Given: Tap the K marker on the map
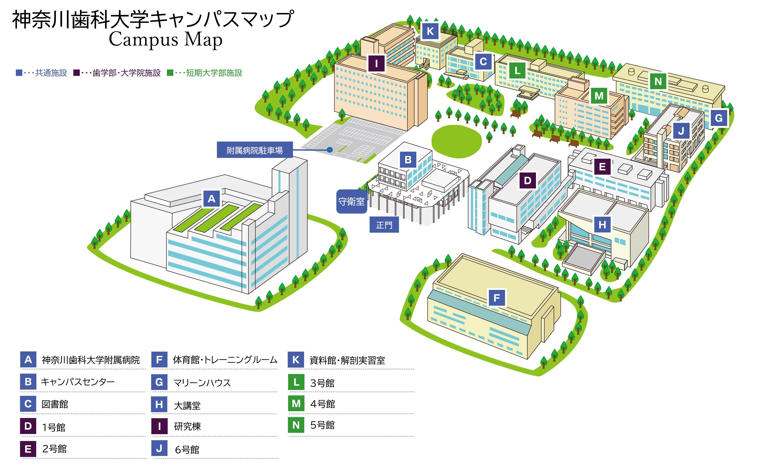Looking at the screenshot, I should [x=430, y=31].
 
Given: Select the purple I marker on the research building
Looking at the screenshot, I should [x=376, y=63].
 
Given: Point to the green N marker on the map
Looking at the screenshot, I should [x=658, y=81].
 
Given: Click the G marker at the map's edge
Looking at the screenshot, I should [x=719, y=118].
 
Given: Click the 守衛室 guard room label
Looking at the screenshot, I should [x=352, y=202].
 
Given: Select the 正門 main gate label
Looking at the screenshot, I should [x=384, y=225].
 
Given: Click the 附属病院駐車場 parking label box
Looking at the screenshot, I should [x=255, y=150].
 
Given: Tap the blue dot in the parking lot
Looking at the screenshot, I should [x=330, y=150].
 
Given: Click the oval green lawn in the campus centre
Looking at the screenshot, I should [x=456, y=141].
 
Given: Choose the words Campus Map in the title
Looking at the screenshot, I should [x=166, y=40].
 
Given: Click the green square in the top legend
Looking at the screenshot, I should [x=170, y=73].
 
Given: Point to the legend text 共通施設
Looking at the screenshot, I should [x=51, y=73].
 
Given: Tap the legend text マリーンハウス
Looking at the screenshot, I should [x=202, y=382].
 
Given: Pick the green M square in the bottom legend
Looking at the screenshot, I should [x=296, y=403].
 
